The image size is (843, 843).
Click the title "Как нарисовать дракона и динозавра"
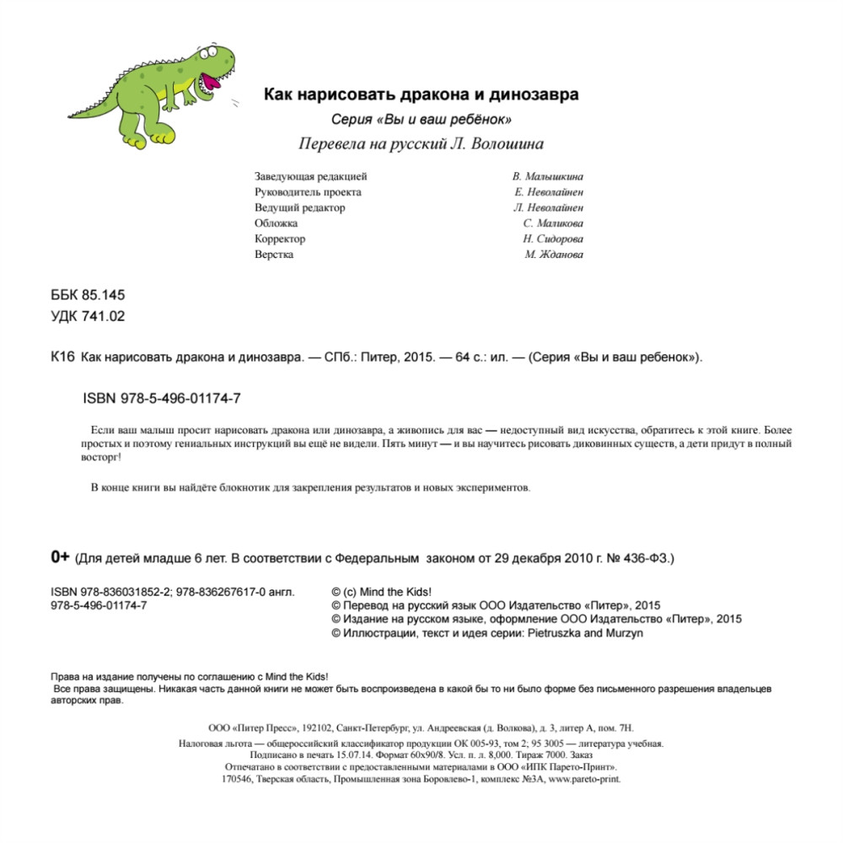point(421,94)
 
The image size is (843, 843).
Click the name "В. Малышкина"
point(547,177)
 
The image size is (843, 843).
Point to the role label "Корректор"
point(280,239)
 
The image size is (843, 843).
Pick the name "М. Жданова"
point(554,255)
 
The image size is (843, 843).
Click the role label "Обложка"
point(276,223)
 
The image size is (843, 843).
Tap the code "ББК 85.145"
point(89,295)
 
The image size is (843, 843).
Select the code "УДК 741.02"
point(89,316)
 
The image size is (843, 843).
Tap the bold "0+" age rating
point(60,557)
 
